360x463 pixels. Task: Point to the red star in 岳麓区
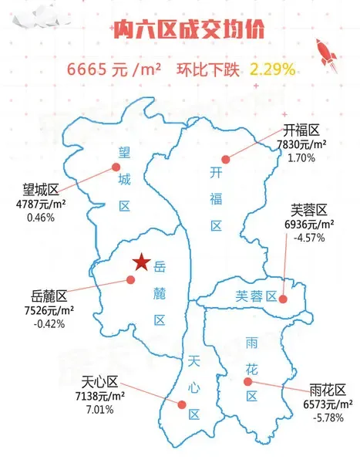coord(141,263)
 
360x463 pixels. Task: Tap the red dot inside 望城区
coord(116,167)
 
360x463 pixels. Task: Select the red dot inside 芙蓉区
coord(284,299)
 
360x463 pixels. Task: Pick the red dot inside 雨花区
coord(247,382)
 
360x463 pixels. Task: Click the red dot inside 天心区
coord(182,404)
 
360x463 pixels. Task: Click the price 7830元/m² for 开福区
coord(301,144)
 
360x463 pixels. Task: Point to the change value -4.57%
coord(309,238)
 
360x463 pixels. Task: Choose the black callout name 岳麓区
coord(50,296)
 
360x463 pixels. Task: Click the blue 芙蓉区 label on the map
coord(255,296)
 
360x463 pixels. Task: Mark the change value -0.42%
coord(49,324)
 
